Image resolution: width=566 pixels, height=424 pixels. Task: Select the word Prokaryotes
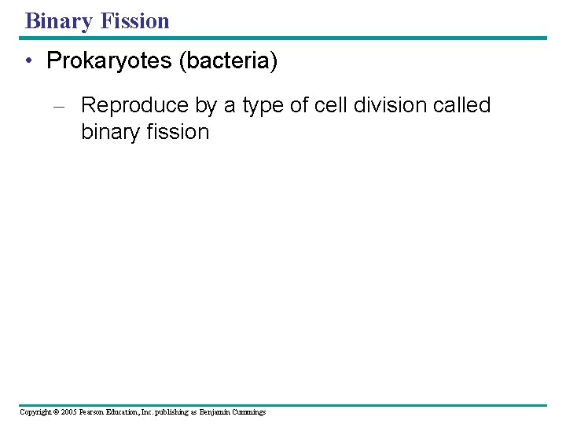[x=110, y=61]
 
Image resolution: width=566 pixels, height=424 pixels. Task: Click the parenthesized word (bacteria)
[x=228, y=61]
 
